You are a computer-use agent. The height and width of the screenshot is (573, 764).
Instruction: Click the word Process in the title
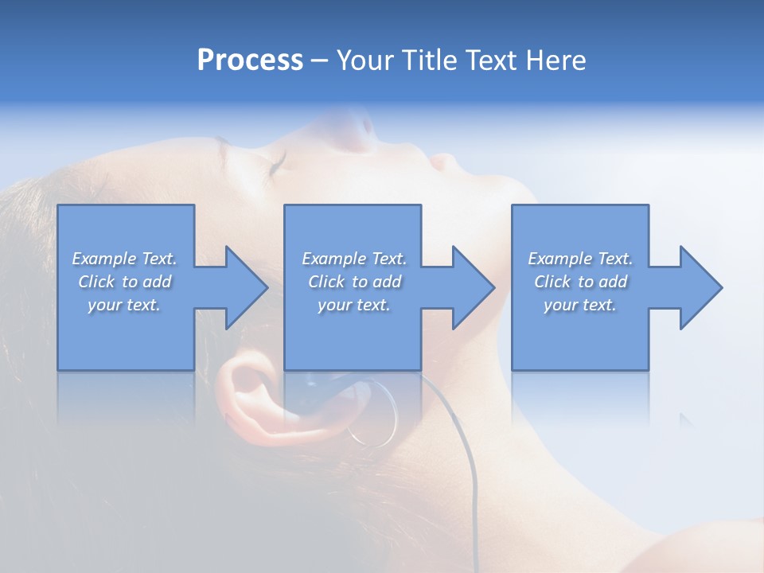click(x=250, y=60)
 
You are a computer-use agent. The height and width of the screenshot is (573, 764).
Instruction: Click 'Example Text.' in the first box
click(x=125, y=259)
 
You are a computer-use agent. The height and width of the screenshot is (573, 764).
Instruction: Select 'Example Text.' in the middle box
click(x=353, y=259)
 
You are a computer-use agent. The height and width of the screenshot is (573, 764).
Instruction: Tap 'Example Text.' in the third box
click(x=580, y=259)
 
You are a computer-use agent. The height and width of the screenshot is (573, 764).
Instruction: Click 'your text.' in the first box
click(x=125, y=305)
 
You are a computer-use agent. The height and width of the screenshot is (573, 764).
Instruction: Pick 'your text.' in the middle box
click(x=353, y=305)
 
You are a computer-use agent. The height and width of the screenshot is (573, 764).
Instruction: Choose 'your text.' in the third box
click(x=580, y=305)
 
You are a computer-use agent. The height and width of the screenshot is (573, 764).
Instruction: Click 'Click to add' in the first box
click(x=125, y=282)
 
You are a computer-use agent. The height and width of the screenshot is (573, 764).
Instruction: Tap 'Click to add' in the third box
click(x=580, y=282)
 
